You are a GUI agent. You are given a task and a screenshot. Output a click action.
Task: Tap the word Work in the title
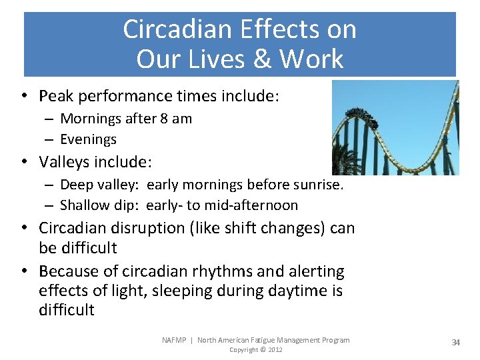[311, 59]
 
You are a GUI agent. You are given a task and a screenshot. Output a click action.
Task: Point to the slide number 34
[456, 342]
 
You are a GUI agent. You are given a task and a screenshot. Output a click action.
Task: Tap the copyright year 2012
[275, 350]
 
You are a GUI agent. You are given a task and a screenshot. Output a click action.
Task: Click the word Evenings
[88, 139]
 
